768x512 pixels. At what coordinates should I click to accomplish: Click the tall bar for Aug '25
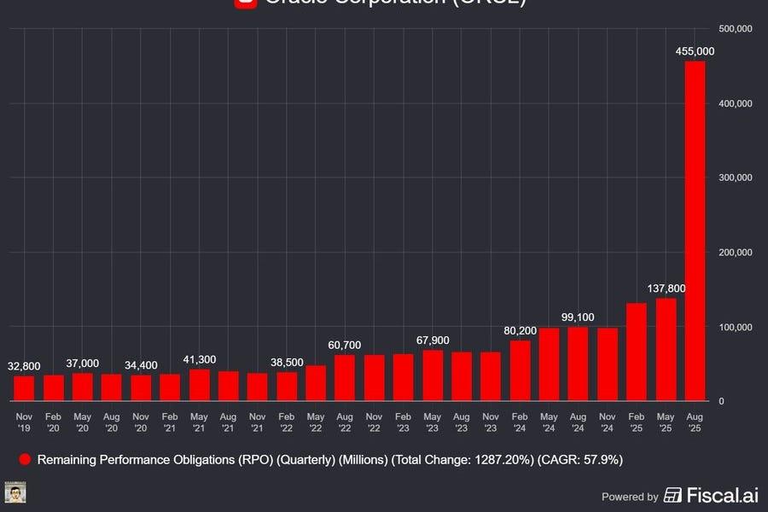coord(695,230)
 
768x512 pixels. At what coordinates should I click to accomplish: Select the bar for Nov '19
coord(24,388)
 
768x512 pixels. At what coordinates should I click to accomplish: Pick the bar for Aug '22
coord(345,378)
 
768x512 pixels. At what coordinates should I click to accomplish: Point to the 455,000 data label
coord(695,52)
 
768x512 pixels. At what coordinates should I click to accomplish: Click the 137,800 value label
coord(666,288)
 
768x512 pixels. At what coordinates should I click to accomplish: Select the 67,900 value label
coord(432,340)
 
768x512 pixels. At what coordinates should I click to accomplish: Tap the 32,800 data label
coord(24,366)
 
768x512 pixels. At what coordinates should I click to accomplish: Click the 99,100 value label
coord(578,317)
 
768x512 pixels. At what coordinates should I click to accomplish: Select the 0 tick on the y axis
coord(722,401)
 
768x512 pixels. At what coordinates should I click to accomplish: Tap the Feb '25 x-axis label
coord(637,422)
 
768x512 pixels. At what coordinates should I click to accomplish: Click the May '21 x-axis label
coord(199,422)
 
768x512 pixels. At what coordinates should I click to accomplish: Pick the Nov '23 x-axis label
coord(491,422)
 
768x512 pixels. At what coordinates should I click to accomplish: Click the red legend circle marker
coord(24,460)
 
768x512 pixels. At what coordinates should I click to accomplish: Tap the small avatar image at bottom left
coord(15,493)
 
